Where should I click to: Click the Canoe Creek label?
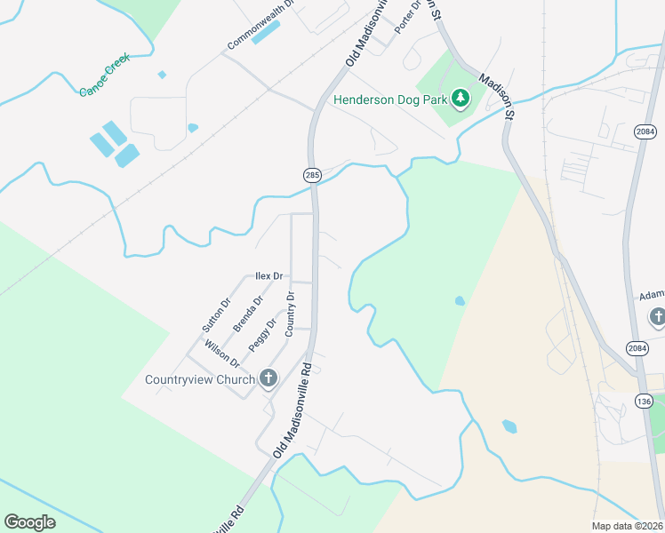tap(105, 75)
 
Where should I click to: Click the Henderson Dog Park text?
tap(390, 99)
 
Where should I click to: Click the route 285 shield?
tap(312, 176)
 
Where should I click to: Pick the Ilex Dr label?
tap(268, 276)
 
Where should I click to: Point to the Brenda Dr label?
tap(248, 314)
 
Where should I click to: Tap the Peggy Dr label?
tap(262, 335)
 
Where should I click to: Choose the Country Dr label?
tap(290, 314)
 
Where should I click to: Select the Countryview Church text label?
tap(200, 380)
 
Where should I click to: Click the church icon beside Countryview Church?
tap(268, 379)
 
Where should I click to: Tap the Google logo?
tap(30, 522)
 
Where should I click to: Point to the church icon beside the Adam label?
tap(657, 316)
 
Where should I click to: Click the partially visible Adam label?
tap(652, 296)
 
